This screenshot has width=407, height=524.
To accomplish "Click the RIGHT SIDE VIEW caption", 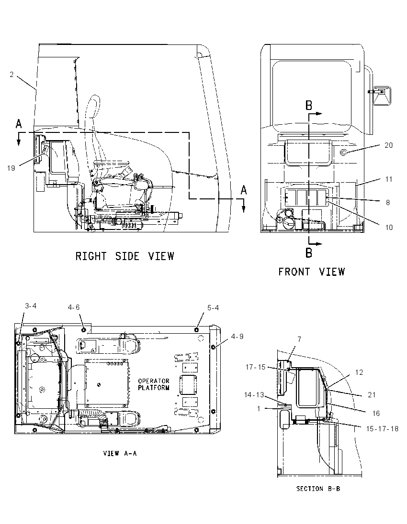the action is tap(124, 256).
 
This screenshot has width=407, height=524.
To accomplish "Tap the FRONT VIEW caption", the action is tap(311, 272).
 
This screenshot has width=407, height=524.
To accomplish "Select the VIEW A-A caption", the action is tap(120, 454).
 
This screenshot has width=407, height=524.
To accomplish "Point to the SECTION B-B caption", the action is tap(318, 489).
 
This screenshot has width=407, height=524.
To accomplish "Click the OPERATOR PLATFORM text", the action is tap(154, 384).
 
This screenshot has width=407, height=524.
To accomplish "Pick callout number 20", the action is tap(388, 145).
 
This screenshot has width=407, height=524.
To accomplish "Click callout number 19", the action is tap(11, 168).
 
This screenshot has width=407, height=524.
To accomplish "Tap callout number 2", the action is tap(11, 75).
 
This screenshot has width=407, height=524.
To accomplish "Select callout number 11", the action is tap(389, 179).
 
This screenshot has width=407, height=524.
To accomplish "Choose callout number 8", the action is tap(388, 203).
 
